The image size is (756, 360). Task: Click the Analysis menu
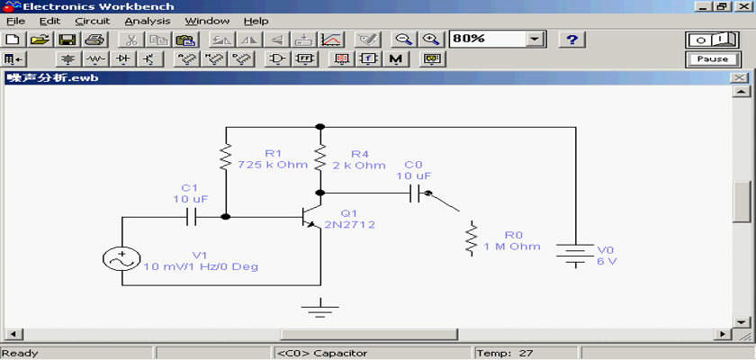click(x=148, y=22)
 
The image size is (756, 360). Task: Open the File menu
click(x=15, y=22)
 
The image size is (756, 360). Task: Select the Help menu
click(x=256, y=22)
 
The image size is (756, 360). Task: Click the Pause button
click(x=712, y=59)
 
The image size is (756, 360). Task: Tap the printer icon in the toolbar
click(x=94, y=40)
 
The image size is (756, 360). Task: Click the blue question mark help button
click(x=571, y=40)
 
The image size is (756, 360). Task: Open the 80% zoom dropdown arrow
click(x=534, y=39)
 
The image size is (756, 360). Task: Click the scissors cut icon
click(x=132, y=40)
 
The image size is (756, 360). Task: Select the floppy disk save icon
click(x=67, y=40)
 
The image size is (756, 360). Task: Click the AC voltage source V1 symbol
click(x=121, y=259)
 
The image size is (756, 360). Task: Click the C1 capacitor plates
click(x=192, y=217)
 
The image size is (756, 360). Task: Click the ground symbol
click(x=320, y=309)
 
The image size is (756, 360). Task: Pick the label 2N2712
click(x=349, y=225)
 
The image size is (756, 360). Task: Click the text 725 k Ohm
click(x=273, y=165)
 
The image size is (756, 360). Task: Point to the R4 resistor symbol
click(x=320, y=158)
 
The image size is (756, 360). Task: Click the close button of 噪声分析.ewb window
click(x=738, y=78)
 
